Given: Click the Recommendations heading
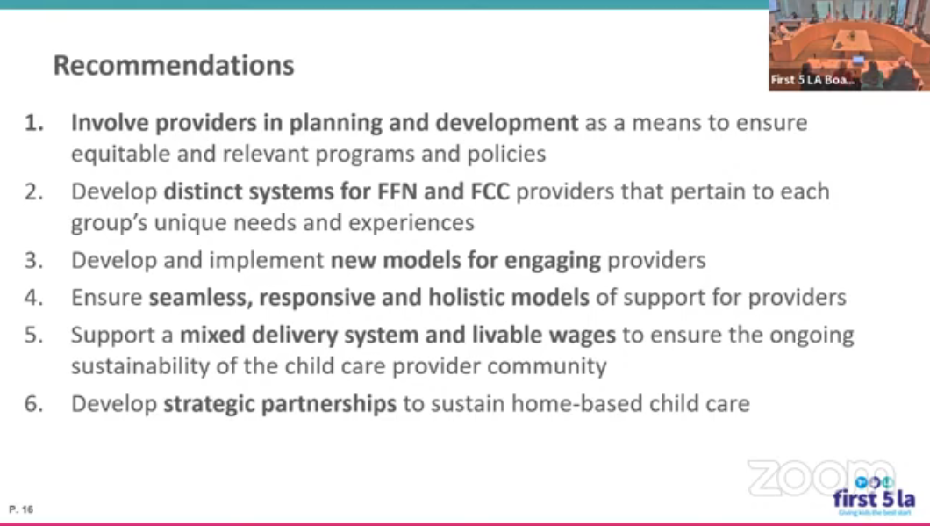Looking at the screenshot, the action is (174, 65).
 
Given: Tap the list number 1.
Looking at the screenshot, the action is (34, 123).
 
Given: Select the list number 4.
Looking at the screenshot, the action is (34, 298).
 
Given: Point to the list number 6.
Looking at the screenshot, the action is (34, 403).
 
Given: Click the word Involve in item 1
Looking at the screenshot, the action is (110, 122).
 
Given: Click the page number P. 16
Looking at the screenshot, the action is (21, 509).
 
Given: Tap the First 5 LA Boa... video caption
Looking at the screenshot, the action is (812, 80).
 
